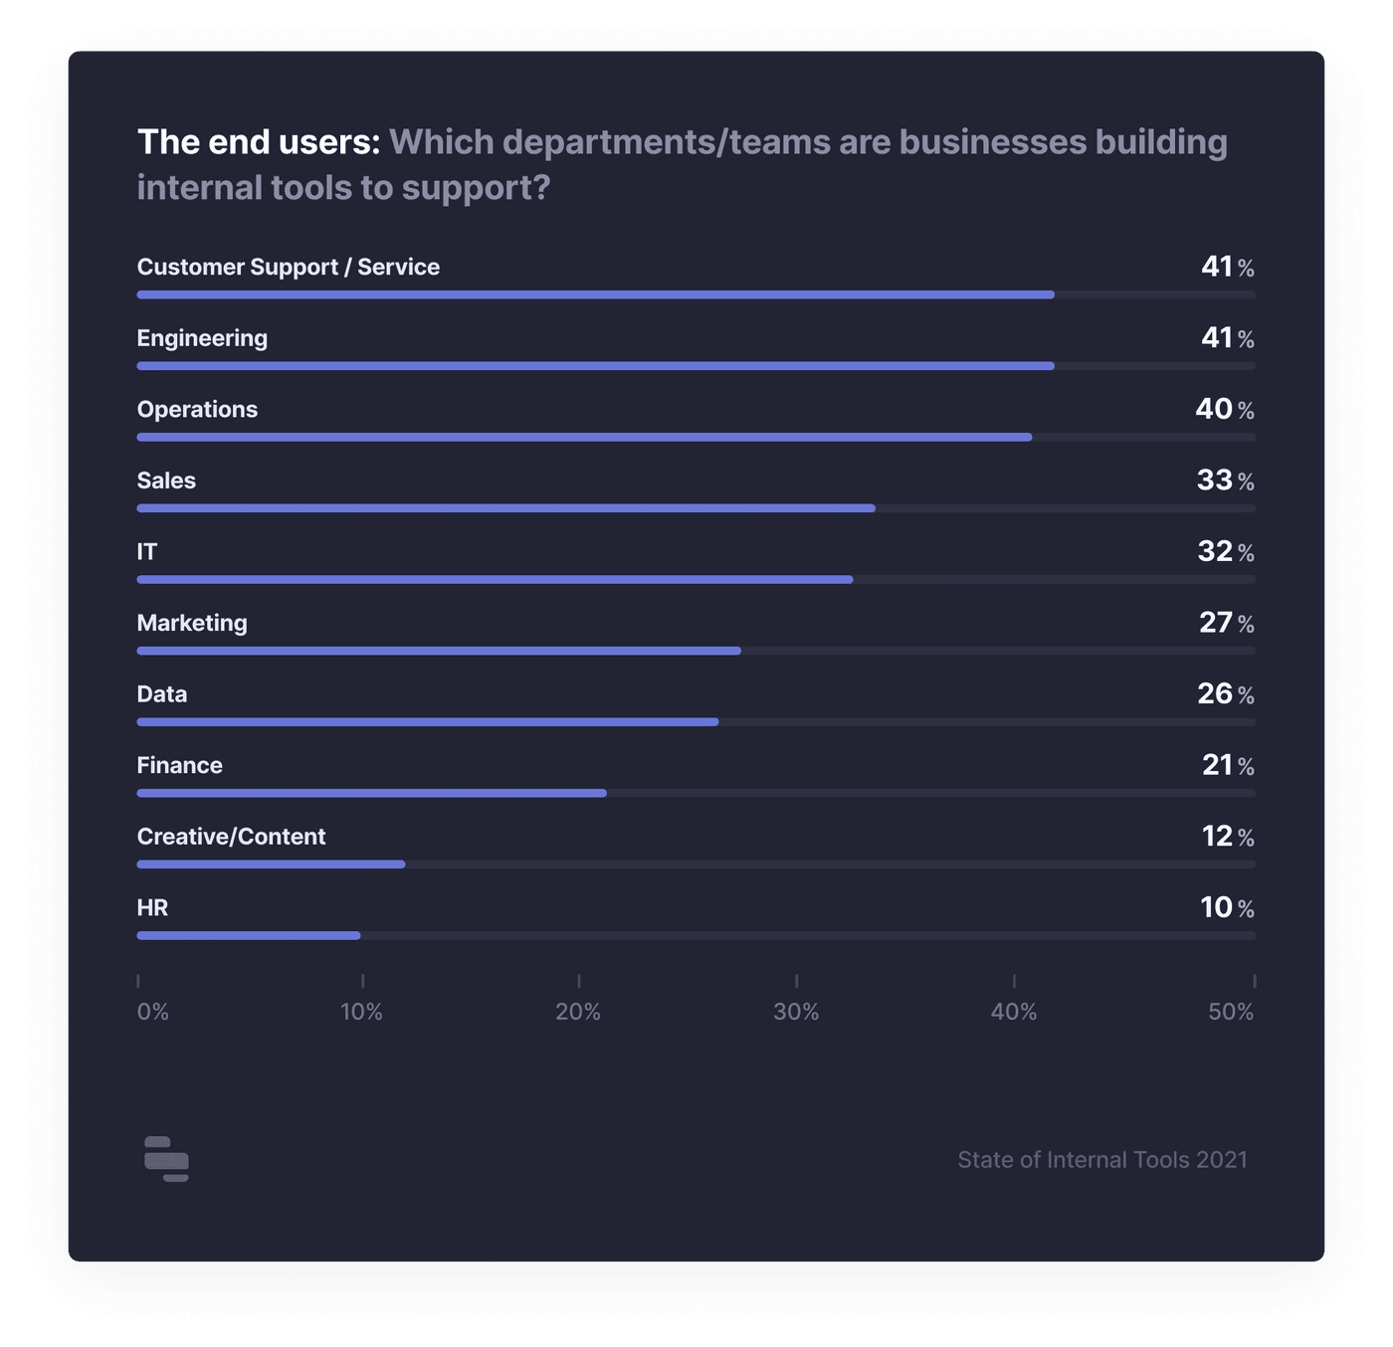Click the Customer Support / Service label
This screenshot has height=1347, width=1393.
click(x=288, y=267)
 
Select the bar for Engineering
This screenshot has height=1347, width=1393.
click(x=595, y=366)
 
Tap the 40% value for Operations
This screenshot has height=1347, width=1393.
click(x=1224, y=409)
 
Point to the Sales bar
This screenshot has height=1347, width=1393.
click(x=505, y=508)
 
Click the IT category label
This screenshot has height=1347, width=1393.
click(x=147, y=551)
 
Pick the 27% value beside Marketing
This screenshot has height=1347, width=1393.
click(x=1226, y=623)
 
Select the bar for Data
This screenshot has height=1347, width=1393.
click(x=428, y=722)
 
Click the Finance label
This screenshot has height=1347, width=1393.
click(x=179, y=765)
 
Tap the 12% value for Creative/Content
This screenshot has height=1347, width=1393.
click(x=1227, y=837)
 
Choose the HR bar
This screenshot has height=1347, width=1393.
click(x=249, y=935)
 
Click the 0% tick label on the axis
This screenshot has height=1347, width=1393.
click(x=153, y=1012)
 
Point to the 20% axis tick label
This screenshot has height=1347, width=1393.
click(x=578, y=1012)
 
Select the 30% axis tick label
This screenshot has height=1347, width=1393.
click(x=796, y=1012)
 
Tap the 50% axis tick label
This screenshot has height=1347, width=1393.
click(x=1231, y=1012)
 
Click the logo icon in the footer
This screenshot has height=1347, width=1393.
click(x=166, y=1159)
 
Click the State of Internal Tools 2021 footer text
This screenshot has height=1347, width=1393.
click(x=1101, y=1160)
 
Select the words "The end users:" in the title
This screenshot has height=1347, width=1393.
click(x=259, y=142)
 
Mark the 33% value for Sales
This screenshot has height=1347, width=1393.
click(x=1225, y=481)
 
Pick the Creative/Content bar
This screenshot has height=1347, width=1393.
click(x=271, y=865)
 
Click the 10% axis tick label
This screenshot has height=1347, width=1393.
click(x=361, y=1012)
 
